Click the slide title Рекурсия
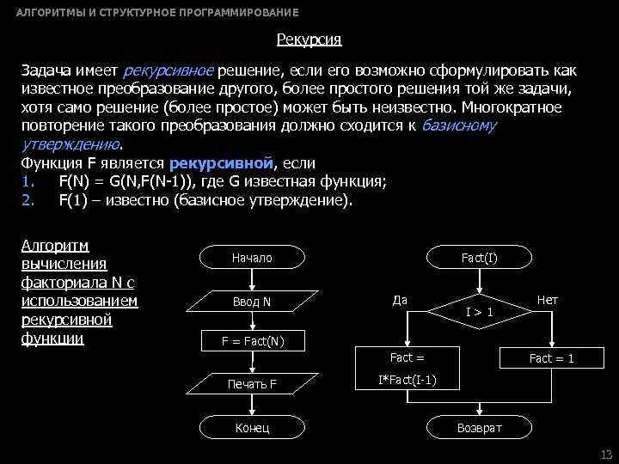309,40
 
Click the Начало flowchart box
252,258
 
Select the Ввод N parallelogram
252,302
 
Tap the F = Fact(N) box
252,341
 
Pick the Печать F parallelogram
252,383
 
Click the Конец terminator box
252,427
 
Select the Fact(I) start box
479,258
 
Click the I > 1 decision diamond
479,312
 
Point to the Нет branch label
547,300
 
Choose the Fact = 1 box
551,358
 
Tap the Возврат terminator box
479,427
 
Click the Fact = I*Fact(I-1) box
408,368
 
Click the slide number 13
605,455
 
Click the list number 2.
26,200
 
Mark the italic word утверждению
71,143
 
